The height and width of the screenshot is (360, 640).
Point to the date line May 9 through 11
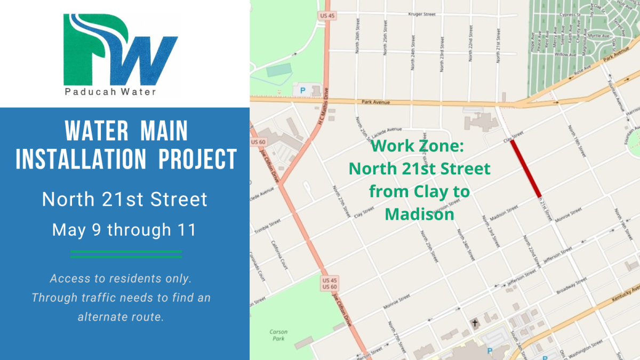pyautogui.click(x=124, y=230)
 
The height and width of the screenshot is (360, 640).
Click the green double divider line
pyautogui.click(x=126, y=254)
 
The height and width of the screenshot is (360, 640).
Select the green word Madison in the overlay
pyautogui.click(x=419, y=214)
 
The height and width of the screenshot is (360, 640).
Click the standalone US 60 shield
pyautogui.click(x=258, y=142)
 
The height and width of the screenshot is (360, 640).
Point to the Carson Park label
pyautogui.click(x=278, y=335)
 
